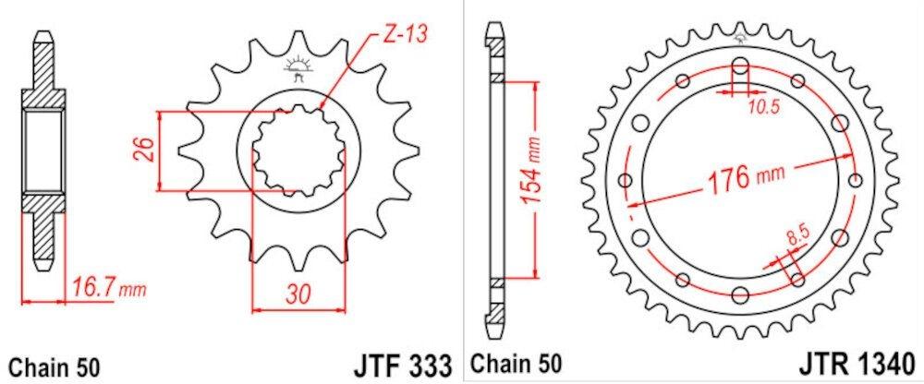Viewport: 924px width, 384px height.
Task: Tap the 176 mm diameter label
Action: (738, 177)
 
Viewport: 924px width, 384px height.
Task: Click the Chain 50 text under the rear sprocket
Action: (517, 363)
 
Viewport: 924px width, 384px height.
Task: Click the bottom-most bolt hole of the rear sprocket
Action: (739, 294)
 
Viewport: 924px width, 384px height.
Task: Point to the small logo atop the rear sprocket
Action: (739, 40)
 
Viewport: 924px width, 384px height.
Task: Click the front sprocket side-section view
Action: (42, 152)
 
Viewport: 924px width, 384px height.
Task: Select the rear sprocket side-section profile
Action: (494, 180)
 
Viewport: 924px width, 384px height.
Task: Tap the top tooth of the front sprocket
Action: (298, 42)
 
